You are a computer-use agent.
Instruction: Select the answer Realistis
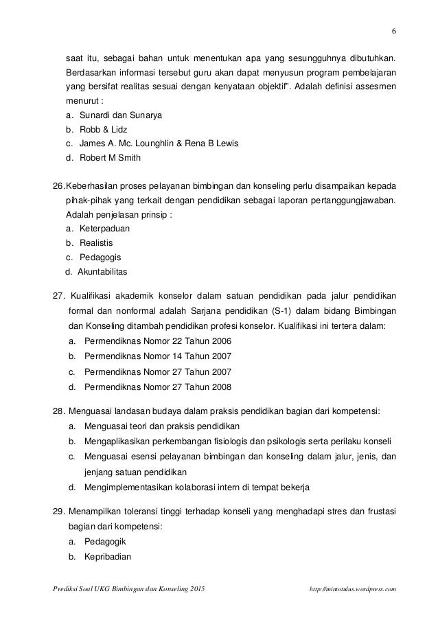pyautogui.click(x=96, y=242)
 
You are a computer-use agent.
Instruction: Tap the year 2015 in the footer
pyautogui.click(x=195, y=589)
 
